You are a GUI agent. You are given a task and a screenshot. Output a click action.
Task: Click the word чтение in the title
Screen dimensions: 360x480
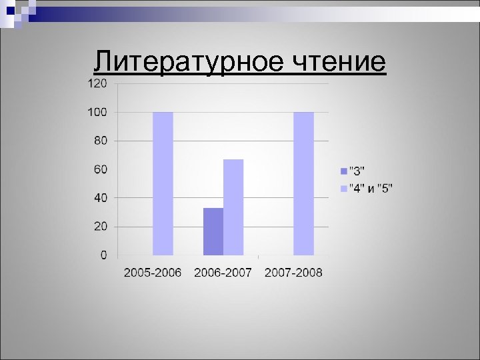click(x=338, y=62)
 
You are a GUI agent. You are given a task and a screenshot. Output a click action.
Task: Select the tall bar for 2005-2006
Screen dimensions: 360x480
click(x=163, y=183)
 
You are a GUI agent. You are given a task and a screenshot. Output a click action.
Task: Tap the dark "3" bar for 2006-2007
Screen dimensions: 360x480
click(x=213, y=231)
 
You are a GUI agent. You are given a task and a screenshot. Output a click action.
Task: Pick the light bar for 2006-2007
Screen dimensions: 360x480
click(x=233, y=207)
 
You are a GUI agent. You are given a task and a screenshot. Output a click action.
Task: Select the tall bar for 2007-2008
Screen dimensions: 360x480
click(x=303, y=183)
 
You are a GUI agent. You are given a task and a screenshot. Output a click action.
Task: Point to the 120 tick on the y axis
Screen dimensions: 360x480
click(x=97, y=83)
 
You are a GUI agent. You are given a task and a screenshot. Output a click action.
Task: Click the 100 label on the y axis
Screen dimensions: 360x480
click(x=97, y=112)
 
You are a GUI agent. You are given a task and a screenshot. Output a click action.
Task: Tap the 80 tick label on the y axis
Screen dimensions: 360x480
click(x=100, y=141)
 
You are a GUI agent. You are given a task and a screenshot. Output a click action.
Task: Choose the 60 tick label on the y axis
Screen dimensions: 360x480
click(x=100, y=169)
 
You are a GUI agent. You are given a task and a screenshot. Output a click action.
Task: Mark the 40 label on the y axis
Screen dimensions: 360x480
click(x=100, y=198)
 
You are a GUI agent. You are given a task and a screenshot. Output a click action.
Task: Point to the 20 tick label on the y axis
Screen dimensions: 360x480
click(x=100, y=227)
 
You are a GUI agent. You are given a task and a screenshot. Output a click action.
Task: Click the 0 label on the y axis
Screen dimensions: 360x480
click(x=103, y=255)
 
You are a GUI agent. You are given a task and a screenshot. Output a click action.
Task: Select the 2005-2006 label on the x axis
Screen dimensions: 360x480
click(x=153, y=272)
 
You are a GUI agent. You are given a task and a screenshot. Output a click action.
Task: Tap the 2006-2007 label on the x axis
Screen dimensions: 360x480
click(x=223, y=272)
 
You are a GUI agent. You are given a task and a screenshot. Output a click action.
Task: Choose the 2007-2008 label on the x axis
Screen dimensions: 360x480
click(x=293, y=272)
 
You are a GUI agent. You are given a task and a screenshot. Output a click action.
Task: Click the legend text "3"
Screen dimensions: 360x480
click(x=358, y=169)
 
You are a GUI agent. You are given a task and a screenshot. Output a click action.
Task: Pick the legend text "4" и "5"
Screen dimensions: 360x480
click(x=371, y=189)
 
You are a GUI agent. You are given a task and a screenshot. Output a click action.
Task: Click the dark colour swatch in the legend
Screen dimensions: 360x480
click(x=343, y=169)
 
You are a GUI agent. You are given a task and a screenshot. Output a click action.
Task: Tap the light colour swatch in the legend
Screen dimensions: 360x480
click(x=343, y=189)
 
